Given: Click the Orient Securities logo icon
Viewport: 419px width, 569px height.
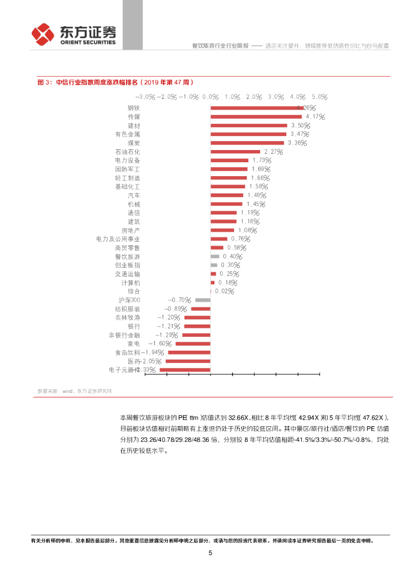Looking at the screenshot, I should pyautogui.click(x=42, y=35).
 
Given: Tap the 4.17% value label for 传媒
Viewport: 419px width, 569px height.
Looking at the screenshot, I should pyautogui.click(x=315, y=117).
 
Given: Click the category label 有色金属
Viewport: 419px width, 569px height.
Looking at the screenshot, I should pyautogui.click(x=127, y=134).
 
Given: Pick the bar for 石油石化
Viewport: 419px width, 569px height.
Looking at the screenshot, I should pyautogui.click(x=235, y=152).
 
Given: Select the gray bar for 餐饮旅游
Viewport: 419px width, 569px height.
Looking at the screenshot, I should pyautogui.click(x=215, y=256).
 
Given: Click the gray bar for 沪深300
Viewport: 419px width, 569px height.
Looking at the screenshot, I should pyautogui.click(x=203, y=300).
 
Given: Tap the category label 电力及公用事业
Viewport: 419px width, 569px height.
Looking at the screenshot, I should pyautogui.click(x=118, y=239).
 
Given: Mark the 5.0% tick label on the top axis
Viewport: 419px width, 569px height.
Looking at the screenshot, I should pyautogui.click(x=320, y=97).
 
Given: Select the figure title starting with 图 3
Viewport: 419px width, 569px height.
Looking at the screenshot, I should pyautogui.click(x=115, y=82).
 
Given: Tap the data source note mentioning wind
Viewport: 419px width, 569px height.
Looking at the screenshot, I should pyautogui.click(x=74, y=391).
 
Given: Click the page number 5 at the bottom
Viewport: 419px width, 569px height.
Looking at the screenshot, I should pyautogui.click(x=210, y=553).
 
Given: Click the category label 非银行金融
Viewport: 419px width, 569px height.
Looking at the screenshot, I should pyautogui.click(x=124, y=335).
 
